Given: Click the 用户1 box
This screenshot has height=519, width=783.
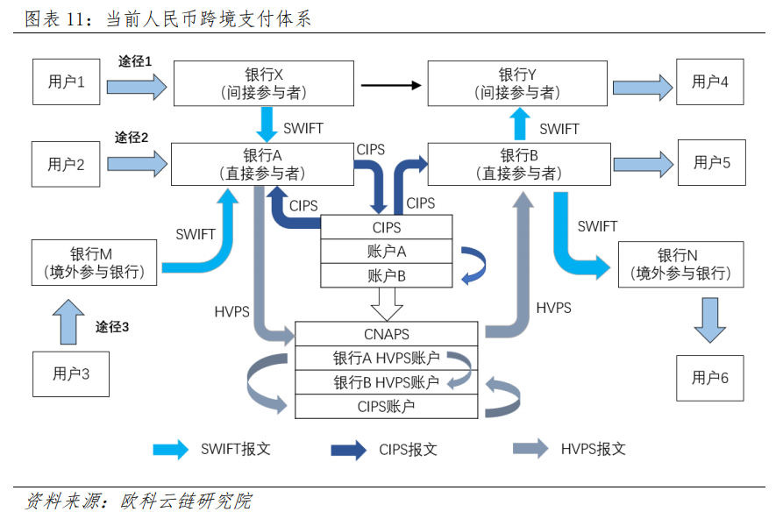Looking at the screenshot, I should click(67, 82).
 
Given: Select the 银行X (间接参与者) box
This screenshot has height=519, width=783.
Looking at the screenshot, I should click(264, 82).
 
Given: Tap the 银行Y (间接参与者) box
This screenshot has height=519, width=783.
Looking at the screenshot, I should click(517, 82).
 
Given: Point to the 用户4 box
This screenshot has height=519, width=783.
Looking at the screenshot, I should click(709, 82).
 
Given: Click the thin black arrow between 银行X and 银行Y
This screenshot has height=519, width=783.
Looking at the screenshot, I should click(390, 85).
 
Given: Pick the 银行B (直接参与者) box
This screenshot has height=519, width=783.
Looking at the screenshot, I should click(519, 164).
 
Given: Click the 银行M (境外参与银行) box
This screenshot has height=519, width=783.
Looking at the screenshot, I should click(94, 262).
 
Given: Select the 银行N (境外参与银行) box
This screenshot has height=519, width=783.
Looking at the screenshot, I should click(680, 264).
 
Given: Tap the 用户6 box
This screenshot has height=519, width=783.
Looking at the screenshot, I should click(709, 378).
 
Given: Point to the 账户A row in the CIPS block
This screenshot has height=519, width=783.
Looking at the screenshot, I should click(387, 251).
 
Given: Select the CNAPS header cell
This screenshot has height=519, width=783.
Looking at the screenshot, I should click(387, 334).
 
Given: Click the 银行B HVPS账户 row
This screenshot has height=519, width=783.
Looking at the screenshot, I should click(387, 382).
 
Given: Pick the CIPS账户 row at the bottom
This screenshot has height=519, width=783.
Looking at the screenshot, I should click(387, 406).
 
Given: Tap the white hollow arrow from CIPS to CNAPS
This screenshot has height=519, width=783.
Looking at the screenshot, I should click(387, 304).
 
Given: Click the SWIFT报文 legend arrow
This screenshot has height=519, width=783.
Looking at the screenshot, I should click(171, 449).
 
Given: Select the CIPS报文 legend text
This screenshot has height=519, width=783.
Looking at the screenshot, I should click(409, 450).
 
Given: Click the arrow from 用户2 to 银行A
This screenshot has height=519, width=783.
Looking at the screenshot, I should click(137, 162).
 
